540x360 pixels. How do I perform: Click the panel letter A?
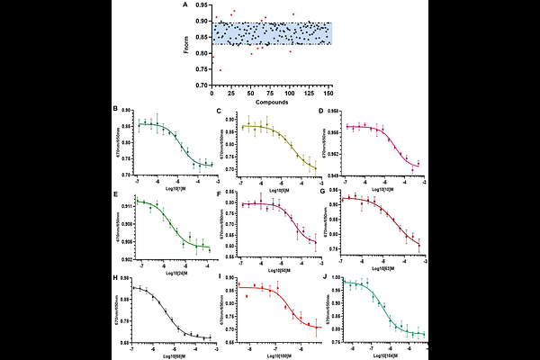tap(185, 4)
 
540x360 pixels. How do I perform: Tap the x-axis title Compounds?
tap(271, 102)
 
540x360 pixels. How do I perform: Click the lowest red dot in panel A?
tap(220, 70)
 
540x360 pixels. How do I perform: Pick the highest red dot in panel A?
tap(234, 12)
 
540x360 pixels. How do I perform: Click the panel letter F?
tap(219, 193)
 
